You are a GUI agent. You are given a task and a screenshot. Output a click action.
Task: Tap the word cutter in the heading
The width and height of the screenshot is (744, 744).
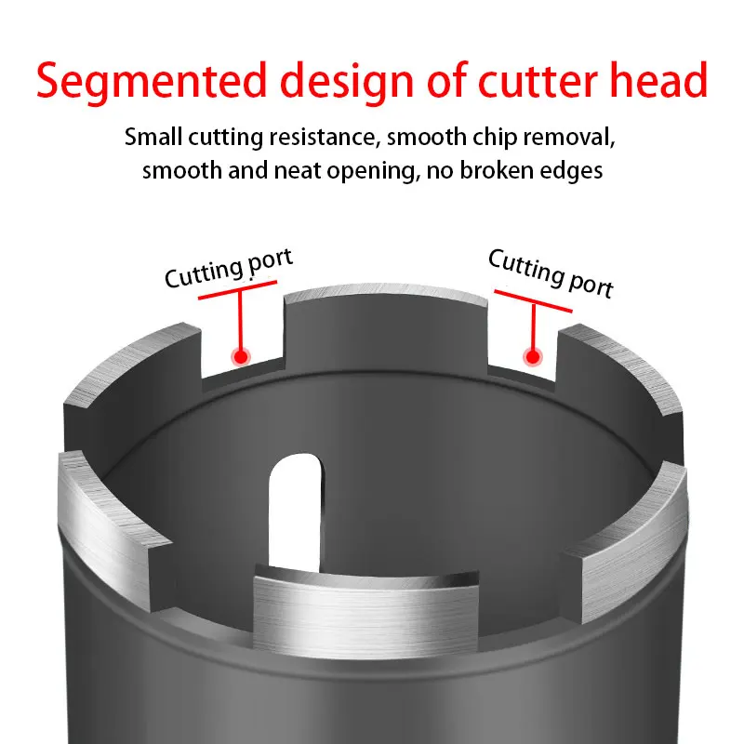[x=536, y=81]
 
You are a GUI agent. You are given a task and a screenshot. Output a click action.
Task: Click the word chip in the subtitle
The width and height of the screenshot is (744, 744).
[x=487, y=138]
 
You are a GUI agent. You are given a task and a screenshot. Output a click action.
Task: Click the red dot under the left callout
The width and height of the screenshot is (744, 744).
[x=242, y=355]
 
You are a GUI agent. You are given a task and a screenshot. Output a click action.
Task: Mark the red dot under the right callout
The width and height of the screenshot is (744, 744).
[x=533, y=355]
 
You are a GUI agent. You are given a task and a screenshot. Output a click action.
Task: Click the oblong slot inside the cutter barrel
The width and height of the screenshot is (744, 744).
[x=295, y=502]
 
